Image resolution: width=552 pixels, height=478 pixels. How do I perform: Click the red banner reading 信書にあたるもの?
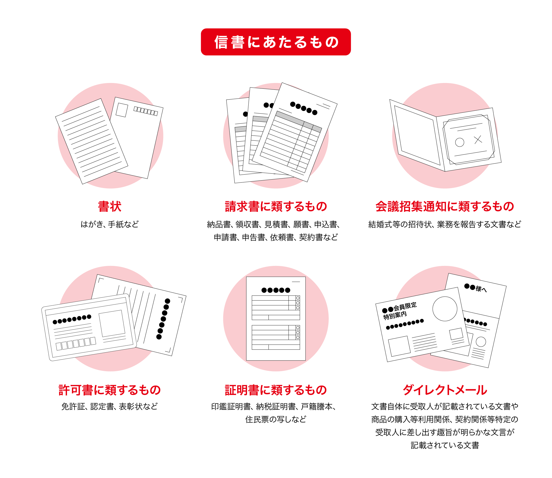coord(275,42)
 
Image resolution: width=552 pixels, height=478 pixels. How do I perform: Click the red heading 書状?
coord(110,207)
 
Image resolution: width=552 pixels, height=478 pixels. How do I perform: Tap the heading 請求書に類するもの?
coord(276,207)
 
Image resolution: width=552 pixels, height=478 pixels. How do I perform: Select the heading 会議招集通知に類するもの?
coord(445,207)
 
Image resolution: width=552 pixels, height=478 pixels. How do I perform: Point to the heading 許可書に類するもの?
coord(110,390)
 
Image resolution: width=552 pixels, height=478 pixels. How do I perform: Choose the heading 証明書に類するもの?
coord(276,390)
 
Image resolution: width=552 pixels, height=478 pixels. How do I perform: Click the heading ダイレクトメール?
coord(445,390)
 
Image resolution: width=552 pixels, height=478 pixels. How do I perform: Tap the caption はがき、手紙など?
coord(110,224)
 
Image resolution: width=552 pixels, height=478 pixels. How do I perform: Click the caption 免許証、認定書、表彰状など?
coord(110,407)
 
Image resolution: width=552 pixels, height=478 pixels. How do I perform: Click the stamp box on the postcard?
coord(122,110)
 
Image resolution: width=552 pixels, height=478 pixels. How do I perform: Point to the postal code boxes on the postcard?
coord(146,111)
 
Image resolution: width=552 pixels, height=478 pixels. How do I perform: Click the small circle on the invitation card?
coord(459,142)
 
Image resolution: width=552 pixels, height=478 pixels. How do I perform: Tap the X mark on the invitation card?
coord(478,139)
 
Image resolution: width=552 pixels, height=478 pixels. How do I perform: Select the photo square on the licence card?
coord(112,323)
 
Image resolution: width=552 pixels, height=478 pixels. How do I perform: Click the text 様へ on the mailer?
coord(481,289)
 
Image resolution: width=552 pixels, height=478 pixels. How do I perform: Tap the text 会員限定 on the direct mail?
coord(405,307)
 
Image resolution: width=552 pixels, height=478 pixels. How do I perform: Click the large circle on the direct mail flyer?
coord(445,309)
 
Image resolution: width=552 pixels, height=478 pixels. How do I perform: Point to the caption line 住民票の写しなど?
coord(276,419)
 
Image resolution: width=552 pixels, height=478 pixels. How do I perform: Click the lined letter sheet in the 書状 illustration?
coord(91,141)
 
